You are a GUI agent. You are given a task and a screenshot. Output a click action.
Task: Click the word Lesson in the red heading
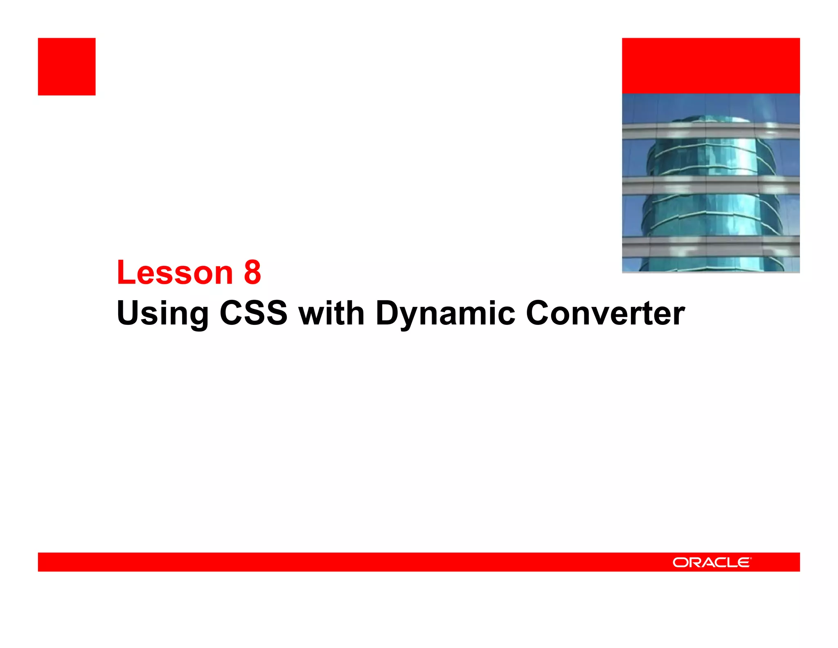tap(175, 272)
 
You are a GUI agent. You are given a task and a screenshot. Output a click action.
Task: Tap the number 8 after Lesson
tap(252, 272)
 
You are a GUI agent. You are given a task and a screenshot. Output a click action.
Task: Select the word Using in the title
tap(162, 313)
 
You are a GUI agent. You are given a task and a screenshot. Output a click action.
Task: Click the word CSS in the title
tap(253, 313)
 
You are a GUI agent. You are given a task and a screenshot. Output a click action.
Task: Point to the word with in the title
tap(331, 313)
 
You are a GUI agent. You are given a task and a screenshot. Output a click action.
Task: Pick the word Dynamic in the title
tap(445, 313)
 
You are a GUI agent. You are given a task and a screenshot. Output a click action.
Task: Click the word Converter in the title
tap(605, 313)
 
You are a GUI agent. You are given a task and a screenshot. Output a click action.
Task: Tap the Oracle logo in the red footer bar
tap(711, 562)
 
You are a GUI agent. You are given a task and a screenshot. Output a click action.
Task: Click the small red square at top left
tap(67, 67)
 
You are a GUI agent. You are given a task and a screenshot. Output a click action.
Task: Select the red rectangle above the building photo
tap(711, 66)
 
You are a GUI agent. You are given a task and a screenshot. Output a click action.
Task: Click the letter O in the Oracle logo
tap(680, 563)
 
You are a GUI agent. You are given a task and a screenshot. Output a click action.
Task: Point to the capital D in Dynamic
tap(387, 313)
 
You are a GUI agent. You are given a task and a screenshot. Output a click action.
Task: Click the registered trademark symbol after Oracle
tap(751, 558)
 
